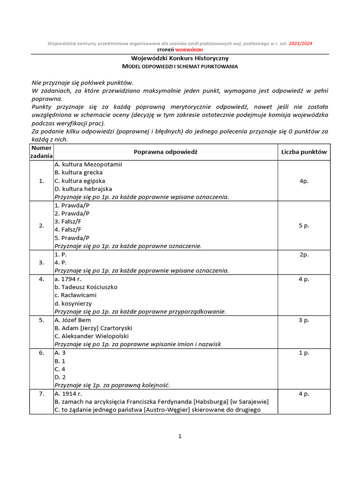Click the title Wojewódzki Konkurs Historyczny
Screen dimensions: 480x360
tap(180, 59)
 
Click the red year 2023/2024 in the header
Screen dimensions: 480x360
tap(300, 44)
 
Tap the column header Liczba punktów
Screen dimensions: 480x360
tap(304, 152)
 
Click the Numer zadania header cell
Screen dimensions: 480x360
tap(42, 152)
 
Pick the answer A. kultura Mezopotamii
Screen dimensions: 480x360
tap(88, 165)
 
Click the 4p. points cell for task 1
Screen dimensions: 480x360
tap(304, 181)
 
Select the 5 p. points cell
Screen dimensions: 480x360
tap(304, 225)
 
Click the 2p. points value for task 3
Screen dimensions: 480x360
tap(304, 255)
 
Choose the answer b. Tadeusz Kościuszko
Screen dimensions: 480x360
tap(86, 287)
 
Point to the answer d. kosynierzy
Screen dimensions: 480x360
tap(73, 303)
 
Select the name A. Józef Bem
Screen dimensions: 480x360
tap(73, 320)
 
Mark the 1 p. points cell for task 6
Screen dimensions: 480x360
tap(304, 353)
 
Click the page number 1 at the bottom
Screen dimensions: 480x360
tap(180, 436)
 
